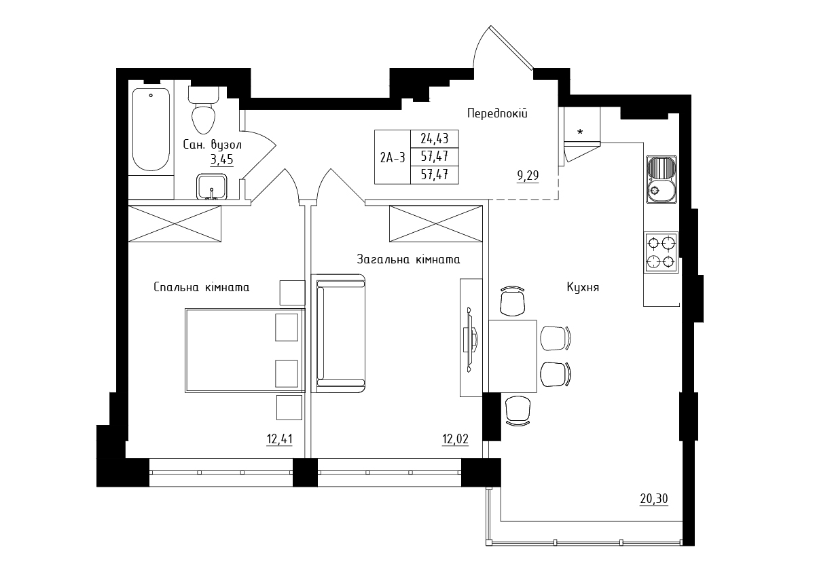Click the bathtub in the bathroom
coord(151,130)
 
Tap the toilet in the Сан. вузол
coord(203,109)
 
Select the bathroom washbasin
coord(212,187)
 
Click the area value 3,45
coord(221,160)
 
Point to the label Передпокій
coord(497,113)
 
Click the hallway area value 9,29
coord(528,176)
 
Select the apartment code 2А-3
coord(393,157)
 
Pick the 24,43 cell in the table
coord(435,138)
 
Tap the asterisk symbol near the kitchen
coord(580,132)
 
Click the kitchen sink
coord(662,179)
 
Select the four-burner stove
coord(661,253)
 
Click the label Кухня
coord(583,288)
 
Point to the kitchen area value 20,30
coord(654,499)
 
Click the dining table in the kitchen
coord(513,356)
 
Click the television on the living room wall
coord(470,339)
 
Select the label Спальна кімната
coord(202,287)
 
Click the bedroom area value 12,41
coord(279,439)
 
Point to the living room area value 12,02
coord(455,439)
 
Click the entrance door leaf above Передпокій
coord(511,48)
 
